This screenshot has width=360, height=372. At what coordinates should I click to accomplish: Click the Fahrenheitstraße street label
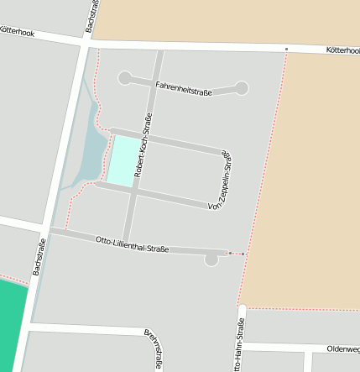183,86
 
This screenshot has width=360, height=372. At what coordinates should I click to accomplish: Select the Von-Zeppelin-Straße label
218,181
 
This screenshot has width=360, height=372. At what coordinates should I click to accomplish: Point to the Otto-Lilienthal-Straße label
132,244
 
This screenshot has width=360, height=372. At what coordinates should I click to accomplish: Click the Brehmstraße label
153,348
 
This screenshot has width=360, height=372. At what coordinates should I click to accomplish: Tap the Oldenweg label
343,348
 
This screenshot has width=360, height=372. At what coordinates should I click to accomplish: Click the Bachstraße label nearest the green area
39,258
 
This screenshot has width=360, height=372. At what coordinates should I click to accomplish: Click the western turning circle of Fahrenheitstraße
125,78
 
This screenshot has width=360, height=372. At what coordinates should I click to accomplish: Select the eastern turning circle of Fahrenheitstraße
242,87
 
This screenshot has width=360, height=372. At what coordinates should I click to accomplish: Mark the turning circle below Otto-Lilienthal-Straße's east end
211,260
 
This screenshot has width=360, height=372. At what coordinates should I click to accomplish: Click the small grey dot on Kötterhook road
286,49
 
